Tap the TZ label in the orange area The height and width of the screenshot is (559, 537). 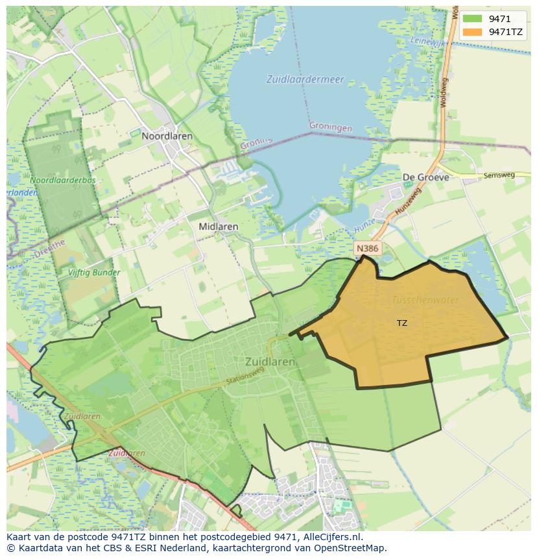coord(402,323)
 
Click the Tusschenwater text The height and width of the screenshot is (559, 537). coord(425,300)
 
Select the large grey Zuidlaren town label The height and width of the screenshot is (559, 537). coord(270,362)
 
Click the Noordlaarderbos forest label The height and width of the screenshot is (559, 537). coord(62,180)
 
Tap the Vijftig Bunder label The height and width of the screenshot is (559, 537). coord(95,273)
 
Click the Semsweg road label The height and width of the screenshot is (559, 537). coord(498,175)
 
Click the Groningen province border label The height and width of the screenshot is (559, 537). coord(331,127)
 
